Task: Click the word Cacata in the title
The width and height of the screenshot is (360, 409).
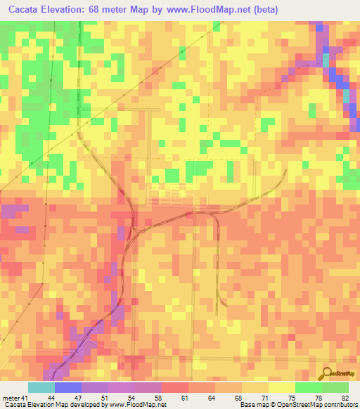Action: pyautogui.click(x=25, y=10)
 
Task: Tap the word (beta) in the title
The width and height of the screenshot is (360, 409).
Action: pyautogui.click(x=265, y=10)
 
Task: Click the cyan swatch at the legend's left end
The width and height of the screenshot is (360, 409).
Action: pyautogui.click(x=41, y=387)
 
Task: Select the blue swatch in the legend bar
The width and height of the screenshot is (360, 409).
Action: pyautogui.click(x=67, y=387)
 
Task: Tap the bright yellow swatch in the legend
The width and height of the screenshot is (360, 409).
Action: pyautogui.click(x=281, y=387)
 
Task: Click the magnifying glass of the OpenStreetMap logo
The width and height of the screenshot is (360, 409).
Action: pyautogui.click(x=326, y=372)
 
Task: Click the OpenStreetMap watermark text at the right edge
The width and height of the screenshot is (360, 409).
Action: pyautogui.click(x=344, y=374)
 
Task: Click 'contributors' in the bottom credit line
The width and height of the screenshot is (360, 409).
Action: pyautogui.click(x=341, y=405)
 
